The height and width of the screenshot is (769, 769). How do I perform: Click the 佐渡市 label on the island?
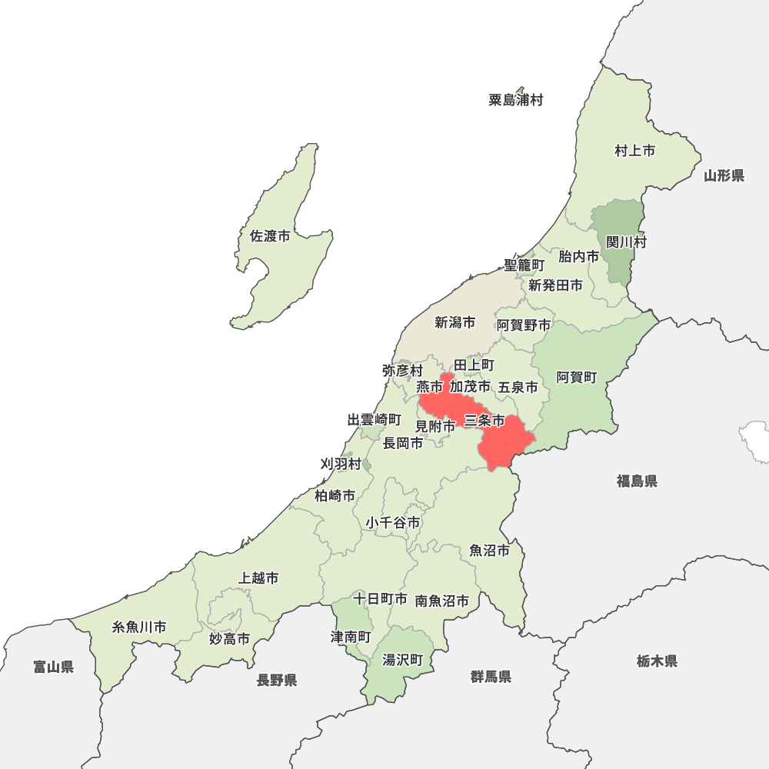270,237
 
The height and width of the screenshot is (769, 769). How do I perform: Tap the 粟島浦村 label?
515,100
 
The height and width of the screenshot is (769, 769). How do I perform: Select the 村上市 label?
634,151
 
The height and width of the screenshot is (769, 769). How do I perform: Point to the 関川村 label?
626,242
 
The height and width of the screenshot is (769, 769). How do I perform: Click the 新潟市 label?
454,323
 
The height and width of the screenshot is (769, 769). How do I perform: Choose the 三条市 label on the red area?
484,421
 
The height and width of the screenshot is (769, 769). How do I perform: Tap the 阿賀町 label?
577,378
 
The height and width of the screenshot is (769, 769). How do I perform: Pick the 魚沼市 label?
489,551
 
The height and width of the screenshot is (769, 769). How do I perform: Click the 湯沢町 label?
403,660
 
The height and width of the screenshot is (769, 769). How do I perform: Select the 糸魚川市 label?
139,627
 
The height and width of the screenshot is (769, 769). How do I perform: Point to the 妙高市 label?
229,639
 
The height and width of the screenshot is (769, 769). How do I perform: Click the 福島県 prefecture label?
637,481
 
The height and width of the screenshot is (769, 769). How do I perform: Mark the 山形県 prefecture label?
724,176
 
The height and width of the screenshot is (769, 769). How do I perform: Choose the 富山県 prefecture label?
54,667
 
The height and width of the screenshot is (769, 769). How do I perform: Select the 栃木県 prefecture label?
657,661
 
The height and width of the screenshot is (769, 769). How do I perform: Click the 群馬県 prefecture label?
491,677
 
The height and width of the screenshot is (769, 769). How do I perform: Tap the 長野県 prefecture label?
277,680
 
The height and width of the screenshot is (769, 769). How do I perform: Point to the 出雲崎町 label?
374,420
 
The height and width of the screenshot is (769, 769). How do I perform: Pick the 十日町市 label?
380,598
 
